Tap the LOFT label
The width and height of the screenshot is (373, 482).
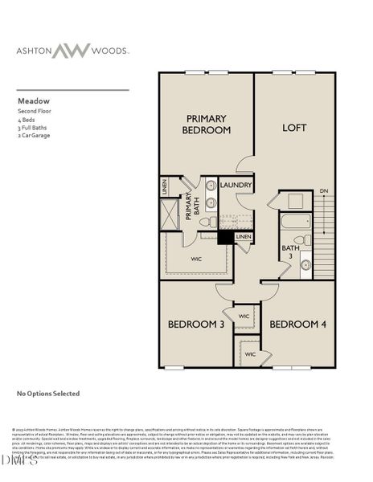pyautogui.click(x=294, y=127)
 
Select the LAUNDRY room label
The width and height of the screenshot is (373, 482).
pyautogui.click(x=235, y=185)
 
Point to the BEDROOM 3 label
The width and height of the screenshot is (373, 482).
pyautogui.click(x=195, y=325)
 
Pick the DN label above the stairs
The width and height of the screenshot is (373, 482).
pyautogui.click(x=323, y=190)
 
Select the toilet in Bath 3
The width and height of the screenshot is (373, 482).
pyautogui.click(x=300, y=239)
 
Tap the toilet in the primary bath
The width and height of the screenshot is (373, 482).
pyautogui.click(x=206, y=222)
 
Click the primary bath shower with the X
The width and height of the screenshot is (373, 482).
pyautogui.click(x=170, y=214)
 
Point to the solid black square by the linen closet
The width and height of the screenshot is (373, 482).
pyautogui.click(x=226, y=238)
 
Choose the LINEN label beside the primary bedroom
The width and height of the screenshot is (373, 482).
pyautogui.click(x=164, y=186)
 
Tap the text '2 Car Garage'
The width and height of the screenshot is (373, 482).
pyautogui.click(x=35, y=136)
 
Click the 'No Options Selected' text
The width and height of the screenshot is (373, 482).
pyautogui.click(x=48, y=394)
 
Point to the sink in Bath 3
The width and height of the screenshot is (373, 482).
pyautogui.click(x=306, y=263)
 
